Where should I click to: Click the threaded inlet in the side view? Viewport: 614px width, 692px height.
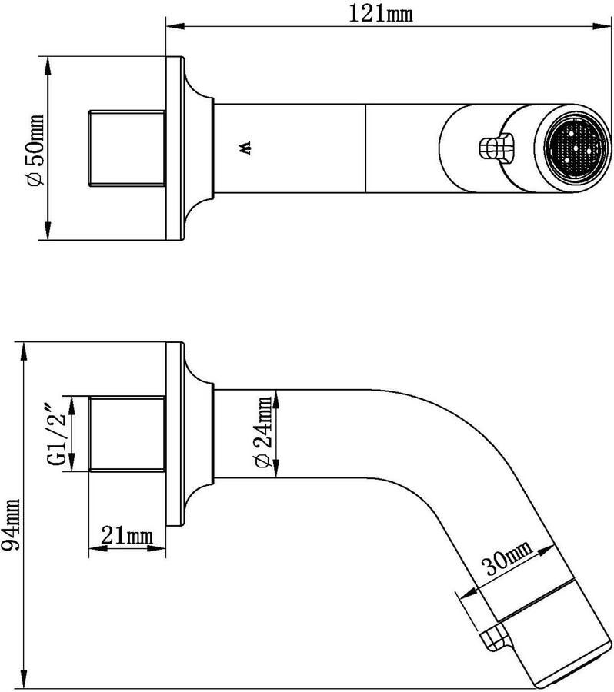128,435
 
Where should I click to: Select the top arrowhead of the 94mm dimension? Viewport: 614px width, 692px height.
25,347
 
